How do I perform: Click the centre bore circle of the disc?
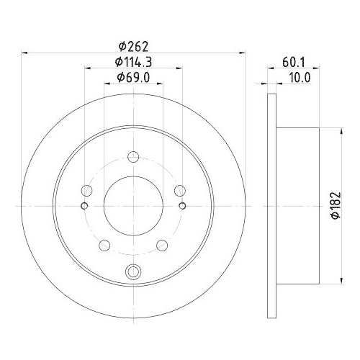click(133, 205)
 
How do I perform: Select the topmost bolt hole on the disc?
click(133, 156)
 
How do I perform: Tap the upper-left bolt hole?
click(87, 191)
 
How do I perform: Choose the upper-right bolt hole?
click(179, 191)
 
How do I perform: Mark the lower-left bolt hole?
click(104, 246)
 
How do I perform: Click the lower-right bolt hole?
click(162, 246)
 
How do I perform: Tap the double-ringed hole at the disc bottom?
click(133, 271)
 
